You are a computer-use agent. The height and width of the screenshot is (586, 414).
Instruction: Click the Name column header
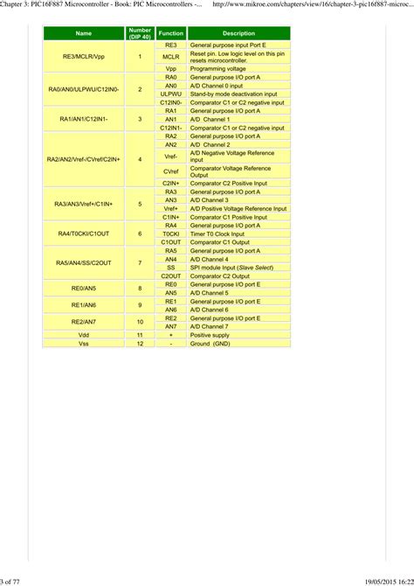point(84,33)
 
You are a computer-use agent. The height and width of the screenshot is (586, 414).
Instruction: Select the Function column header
point(171,33)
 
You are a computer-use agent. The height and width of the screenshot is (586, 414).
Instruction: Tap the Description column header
point(237,33)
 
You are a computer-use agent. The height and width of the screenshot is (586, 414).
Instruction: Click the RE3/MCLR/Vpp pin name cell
point(84,56)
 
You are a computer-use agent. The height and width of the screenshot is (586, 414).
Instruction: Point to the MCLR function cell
point(171,56)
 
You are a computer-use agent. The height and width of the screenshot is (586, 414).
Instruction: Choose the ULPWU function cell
point(171,94)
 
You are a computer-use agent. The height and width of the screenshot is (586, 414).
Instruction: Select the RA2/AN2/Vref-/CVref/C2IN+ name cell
point(84,159)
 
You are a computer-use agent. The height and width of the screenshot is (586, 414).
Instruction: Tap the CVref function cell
point(171,171)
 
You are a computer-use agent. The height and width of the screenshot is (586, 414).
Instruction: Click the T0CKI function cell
point(171,234)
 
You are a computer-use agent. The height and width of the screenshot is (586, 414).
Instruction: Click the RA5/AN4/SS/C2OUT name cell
point(84,263)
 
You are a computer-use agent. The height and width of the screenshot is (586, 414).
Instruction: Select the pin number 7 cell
point(140,263)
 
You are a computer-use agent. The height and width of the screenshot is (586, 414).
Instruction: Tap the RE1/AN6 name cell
point(84,304)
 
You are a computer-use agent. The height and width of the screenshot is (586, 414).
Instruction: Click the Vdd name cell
point(84,335)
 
